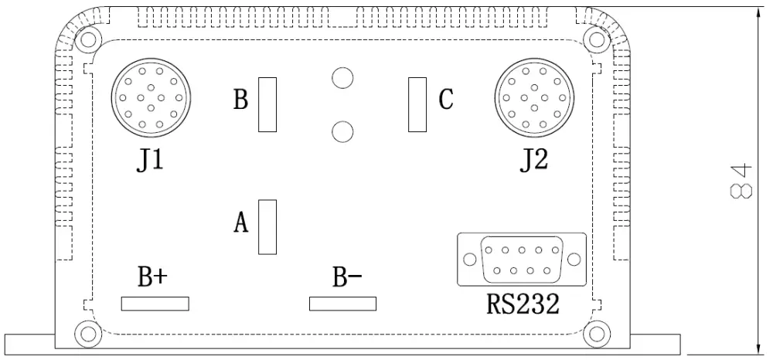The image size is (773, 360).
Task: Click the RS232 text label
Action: coord(523,304)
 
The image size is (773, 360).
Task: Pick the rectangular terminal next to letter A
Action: coord(267,227)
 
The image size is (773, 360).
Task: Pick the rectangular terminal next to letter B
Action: coord(267,104)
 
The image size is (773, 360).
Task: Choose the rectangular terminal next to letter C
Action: coord(417,104)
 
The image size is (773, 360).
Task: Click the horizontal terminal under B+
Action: coord(155,304)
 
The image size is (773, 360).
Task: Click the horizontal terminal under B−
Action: coord(342,304)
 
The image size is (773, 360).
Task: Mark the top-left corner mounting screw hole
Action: coord(88,39)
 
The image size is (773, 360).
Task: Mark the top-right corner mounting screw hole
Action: coord(596,39)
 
